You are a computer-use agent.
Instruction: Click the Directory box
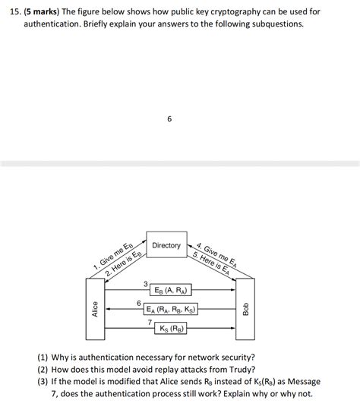tap(166, 245)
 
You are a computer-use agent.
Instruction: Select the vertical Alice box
tap(95, 309)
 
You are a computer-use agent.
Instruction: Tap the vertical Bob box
tap(245, 309)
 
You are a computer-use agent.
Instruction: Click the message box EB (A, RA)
tap(171, 290)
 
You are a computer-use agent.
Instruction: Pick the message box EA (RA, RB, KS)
tap(171, 309)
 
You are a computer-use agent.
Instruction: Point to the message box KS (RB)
tap(171, 328)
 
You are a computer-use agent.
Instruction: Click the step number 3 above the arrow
tap(145, 284)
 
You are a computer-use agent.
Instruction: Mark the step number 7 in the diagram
tap(150, 323)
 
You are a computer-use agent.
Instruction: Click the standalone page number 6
tap(169, 118)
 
